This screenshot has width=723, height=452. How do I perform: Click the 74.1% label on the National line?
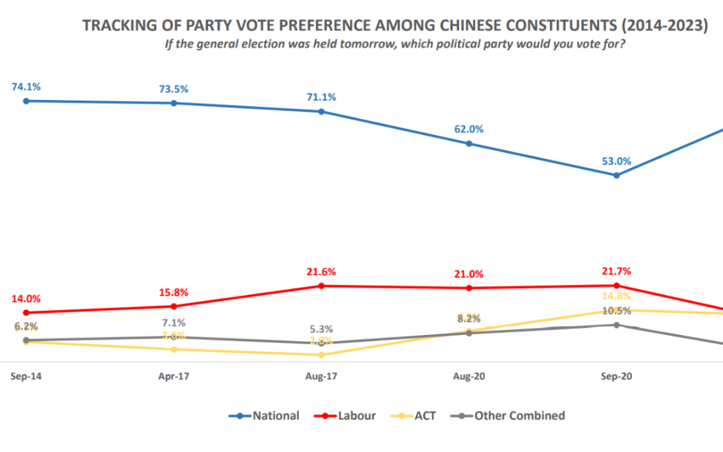[26, 87]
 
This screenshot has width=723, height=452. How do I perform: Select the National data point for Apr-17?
[174, 103]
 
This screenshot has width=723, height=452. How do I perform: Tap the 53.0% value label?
[616, 161]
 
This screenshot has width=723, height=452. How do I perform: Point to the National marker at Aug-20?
[469, 144]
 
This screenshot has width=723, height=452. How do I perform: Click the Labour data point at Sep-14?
[26, 313]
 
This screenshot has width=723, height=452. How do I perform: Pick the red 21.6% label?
[322, 271]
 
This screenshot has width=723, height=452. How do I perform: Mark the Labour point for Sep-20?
[616, 285]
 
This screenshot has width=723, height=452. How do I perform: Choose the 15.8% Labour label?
[174, 292]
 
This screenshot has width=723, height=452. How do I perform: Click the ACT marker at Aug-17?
[322, 355]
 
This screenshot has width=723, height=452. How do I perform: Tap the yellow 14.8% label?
[616, 297]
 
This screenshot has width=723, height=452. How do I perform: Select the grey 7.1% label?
[174, 322]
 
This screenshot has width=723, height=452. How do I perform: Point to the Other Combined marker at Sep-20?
[616, 325]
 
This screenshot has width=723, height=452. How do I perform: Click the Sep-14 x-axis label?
[25, 377]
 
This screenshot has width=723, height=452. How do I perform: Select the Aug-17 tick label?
[321, 377]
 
